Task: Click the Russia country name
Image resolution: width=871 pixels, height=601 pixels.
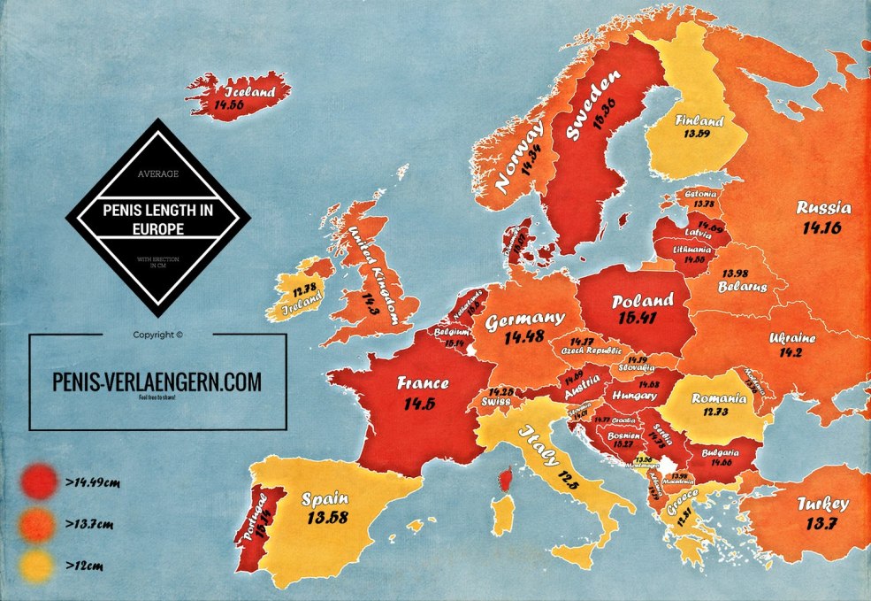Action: (x=823, y=209)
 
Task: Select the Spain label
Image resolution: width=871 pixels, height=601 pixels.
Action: (x=325, y=498)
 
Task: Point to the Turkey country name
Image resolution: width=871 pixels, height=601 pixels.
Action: (x=821, y=504)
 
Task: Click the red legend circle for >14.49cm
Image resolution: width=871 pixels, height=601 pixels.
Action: (x=36, y=482)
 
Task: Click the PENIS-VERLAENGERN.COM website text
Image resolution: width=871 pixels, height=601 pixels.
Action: (x=157, y=381)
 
